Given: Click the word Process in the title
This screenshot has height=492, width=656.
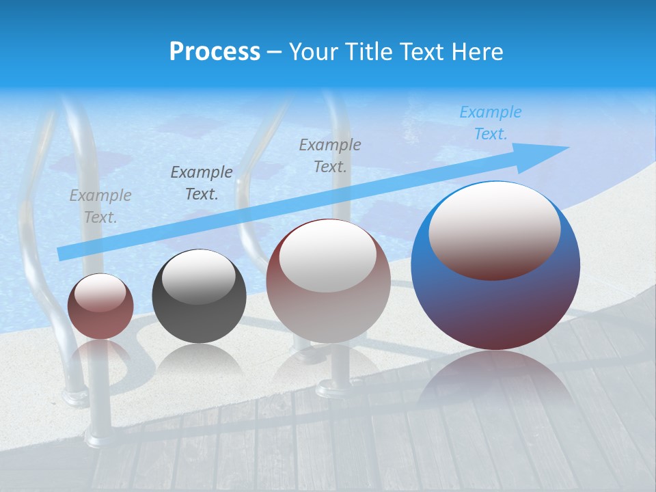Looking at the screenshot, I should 215,52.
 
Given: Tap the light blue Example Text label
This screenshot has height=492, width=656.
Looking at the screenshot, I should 490,123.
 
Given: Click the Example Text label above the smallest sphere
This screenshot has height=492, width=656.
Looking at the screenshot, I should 100,206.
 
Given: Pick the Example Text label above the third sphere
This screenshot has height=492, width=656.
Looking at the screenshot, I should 330,156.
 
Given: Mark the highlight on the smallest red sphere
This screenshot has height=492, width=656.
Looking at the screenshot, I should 100,293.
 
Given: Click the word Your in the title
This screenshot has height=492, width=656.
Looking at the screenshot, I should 315,52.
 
